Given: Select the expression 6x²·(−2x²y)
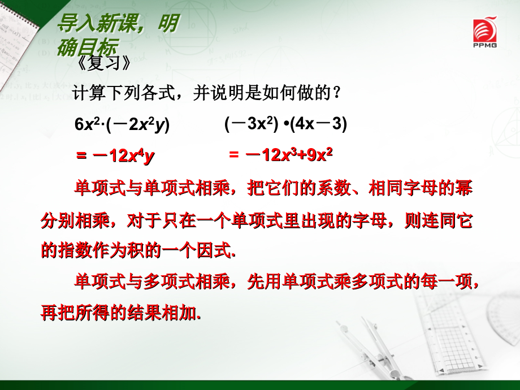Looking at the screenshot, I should point(122,125).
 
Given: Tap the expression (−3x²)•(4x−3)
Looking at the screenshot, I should point(285,124).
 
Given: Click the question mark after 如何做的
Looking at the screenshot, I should point(337,92).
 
